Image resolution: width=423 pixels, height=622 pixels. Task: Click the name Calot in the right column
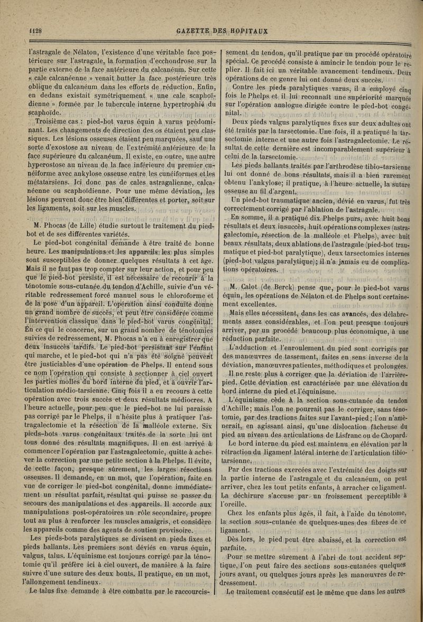[250, 287]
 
